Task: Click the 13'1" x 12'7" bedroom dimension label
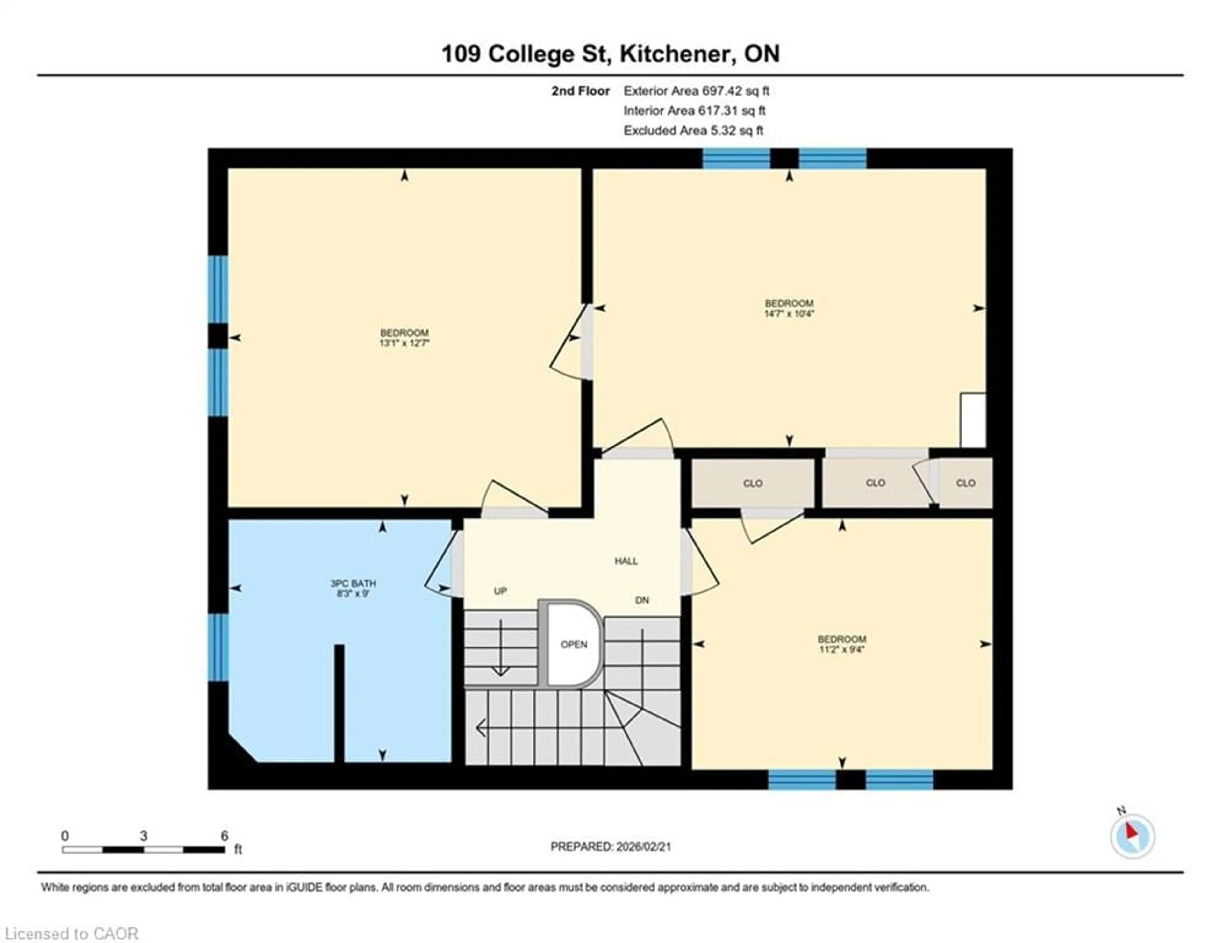[x=404, y=343]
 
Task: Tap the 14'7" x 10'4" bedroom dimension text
[x=789, y=314]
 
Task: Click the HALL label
[x=626, y=561]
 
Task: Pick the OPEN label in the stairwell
[x=574, y=645]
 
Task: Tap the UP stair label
[x=500, y=591]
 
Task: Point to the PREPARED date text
[x=610, y=847]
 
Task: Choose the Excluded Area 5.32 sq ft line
[x=693, y=131]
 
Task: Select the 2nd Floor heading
[x=580, y=91]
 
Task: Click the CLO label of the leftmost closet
[x=753, y=483]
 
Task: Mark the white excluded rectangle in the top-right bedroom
[x=973, y=420]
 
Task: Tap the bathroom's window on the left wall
[x=218, y=647]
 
